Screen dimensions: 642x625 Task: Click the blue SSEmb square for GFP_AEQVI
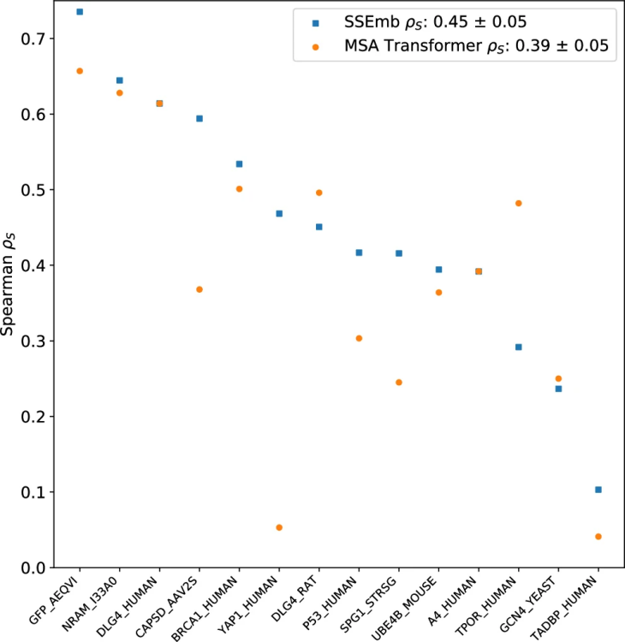click(80, 12)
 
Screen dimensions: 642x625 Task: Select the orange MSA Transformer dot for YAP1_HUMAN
click(279, 527)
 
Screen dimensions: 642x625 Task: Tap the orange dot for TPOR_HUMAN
click(518, 203)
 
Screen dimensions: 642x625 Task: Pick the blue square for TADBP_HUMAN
click(598, 490)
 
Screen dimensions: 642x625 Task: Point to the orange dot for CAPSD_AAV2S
click(199, 289)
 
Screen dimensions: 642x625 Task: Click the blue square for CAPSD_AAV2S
click(199, 118)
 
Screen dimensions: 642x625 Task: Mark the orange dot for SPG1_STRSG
click(399, 382)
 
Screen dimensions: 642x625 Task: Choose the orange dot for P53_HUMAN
click(359, 338)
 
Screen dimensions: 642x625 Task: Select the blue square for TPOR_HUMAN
click(518, 347)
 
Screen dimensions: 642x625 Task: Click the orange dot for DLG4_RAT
click(319, 193)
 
